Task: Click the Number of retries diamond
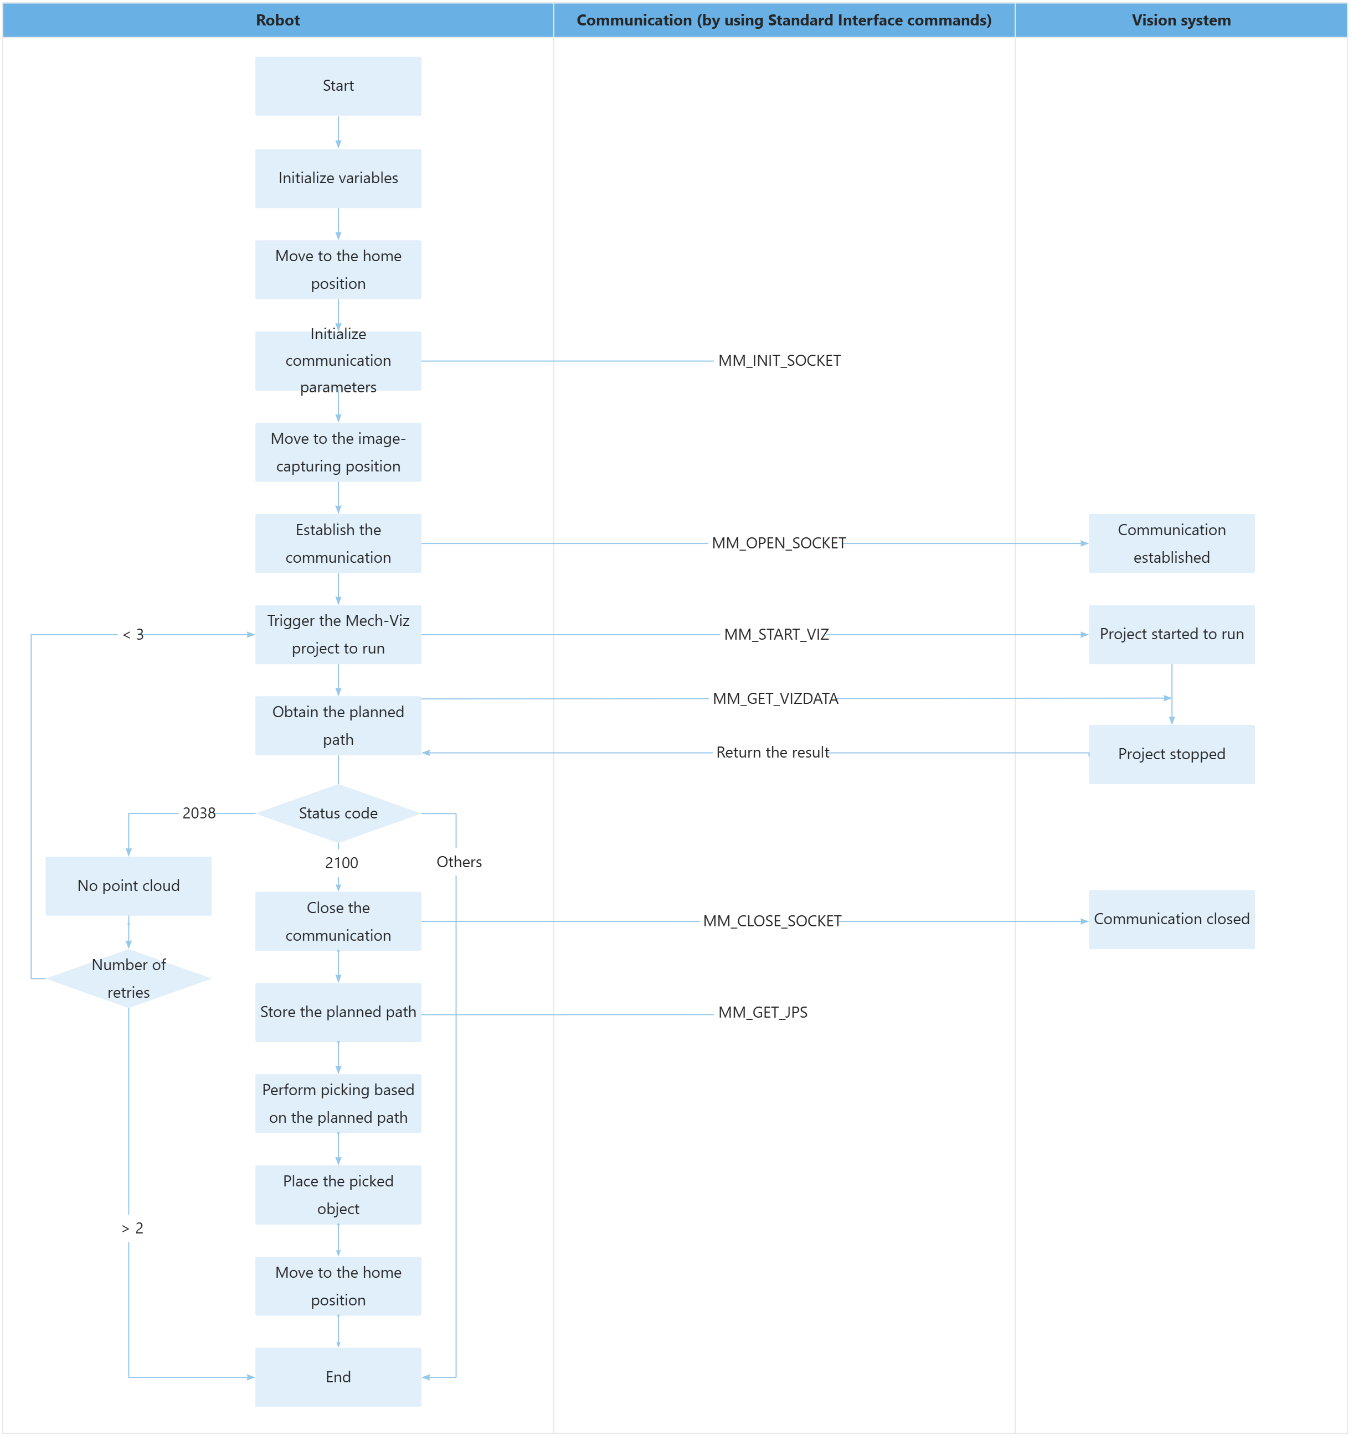click(x=128, y=979)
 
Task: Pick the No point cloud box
click(x=128, y=887)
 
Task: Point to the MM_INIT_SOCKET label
click(x=779, y=360)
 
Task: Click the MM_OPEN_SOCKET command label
click(x=779, y=543)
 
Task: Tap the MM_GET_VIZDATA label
click(x=775, y=698)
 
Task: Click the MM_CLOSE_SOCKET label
click(x=772, y=921)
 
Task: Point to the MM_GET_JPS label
click(x=763, y=1013)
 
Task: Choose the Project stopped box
click(x=1171, y=754)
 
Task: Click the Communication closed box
click(x=1171, y=920)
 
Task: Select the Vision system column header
click(x=1181, y=20)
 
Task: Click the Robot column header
click(x=277, y=20)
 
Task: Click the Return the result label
click(x=772, y=753)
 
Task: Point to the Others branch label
click(x=459, y=862)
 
